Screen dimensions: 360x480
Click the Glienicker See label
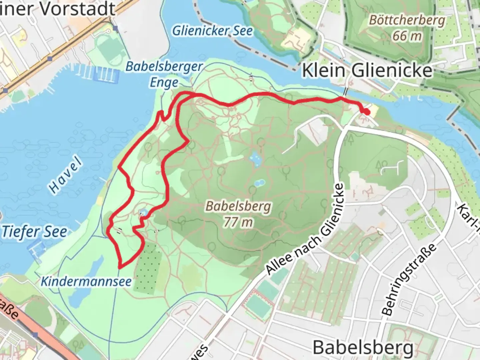coord(212,31)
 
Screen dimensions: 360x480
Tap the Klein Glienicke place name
coord(367,71)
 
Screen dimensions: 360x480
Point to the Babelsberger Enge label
coord(164,74)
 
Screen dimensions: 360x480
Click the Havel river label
coord(65,175)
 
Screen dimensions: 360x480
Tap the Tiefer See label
coord(34,232)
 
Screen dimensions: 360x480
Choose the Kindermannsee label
coord(86,281)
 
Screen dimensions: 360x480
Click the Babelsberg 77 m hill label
coord(238,214)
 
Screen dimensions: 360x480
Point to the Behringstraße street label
coord(409,279)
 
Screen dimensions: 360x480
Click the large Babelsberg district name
coord(363,347)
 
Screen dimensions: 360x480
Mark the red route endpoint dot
coord(366,112)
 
